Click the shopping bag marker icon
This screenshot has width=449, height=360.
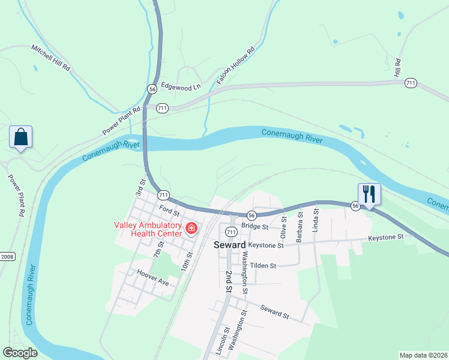point(20,137)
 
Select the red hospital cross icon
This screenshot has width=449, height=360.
point(191,228)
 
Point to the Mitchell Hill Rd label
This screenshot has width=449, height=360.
point(51,58)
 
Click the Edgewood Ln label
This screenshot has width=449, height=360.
point(180,86)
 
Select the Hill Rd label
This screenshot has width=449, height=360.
point(397,67)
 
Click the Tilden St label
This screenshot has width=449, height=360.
point(262,265)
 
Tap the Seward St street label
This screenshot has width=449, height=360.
point(275,311)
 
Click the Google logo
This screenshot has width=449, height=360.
point(20,352)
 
